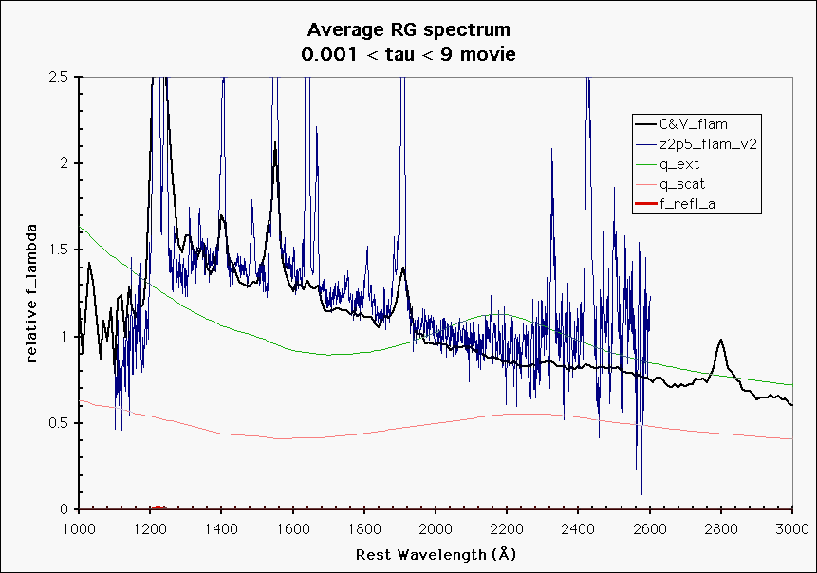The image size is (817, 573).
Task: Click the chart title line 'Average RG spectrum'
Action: (x=408, y=32)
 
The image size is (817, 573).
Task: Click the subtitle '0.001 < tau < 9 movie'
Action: (x=408, y=54)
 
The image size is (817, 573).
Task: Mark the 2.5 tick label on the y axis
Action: (x=60, y=77)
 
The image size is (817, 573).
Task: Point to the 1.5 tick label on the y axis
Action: (x=60, y=250)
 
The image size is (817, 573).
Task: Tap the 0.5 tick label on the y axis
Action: (x=60, y=423)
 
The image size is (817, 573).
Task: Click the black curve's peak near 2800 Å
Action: (x=721, y=340)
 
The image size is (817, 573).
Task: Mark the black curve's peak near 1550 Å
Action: (x=275, y=143)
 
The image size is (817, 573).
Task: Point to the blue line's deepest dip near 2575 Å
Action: (x=641, y=503)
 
